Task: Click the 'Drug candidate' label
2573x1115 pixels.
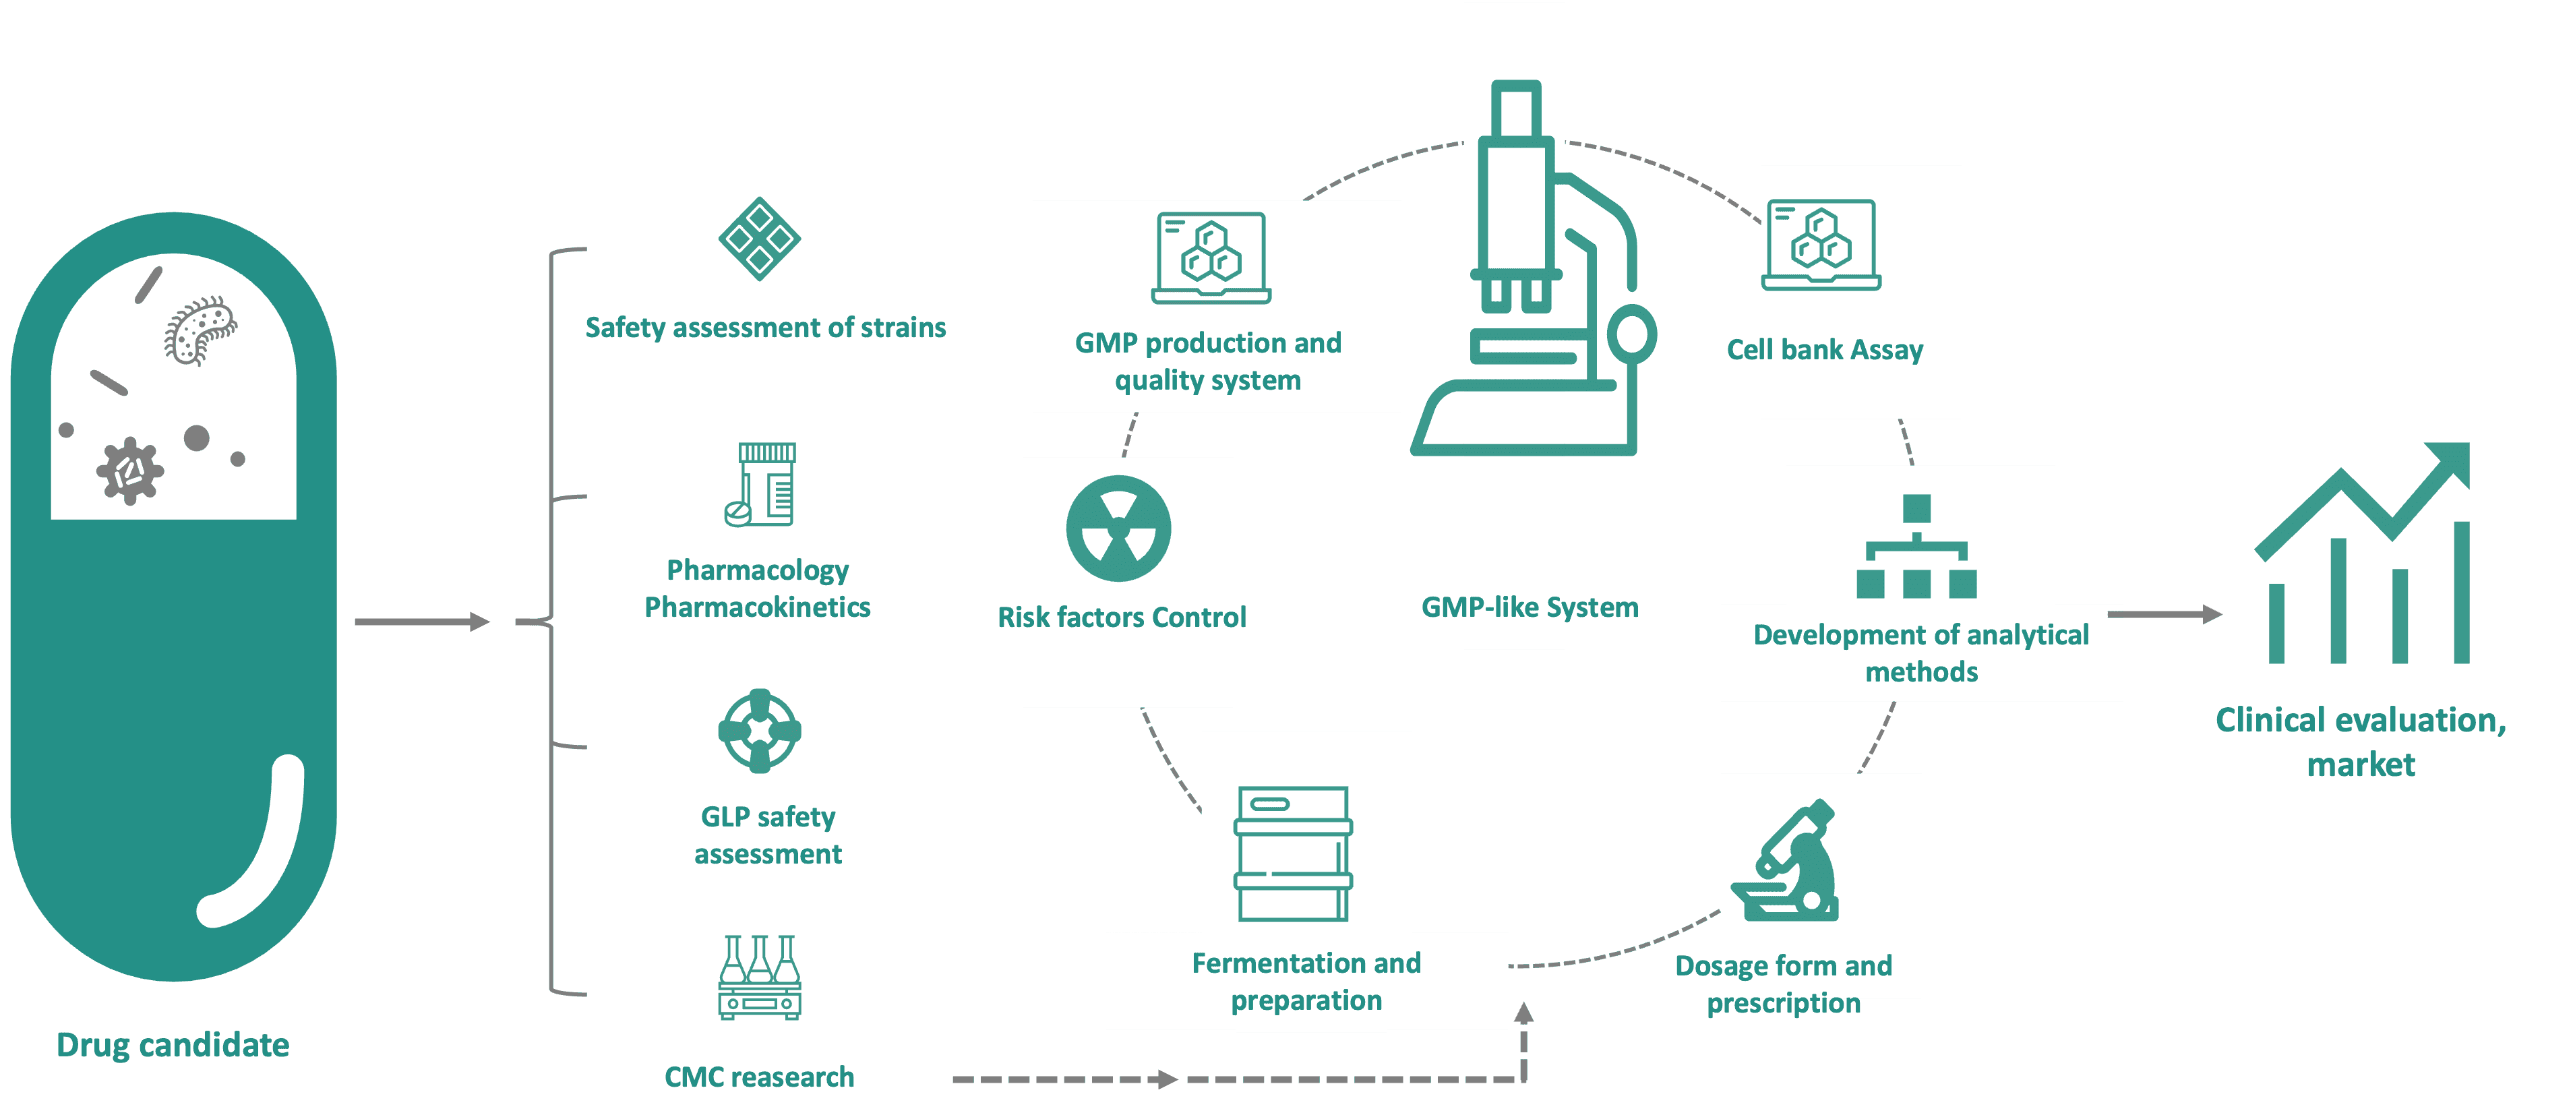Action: [173, 1045]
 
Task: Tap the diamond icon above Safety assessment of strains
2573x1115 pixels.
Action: [759, 239]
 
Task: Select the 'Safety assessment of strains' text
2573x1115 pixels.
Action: [765, 328]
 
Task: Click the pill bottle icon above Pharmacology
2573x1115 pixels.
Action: [761, 485]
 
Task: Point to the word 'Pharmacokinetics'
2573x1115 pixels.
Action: [757, 607]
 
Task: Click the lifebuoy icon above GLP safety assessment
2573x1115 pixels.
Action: [759, 730]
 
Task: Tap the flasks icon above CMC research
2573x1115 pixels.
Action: [759, 977]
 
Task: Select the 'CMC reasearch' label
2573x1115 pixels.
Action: [759, 1077]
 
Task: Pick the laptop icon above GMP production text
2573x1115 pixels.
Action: [1211, 258]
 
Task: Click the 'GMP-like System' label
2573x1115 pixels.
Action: [1530, 607]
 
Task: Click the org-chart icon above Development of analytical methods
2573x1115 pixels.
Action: [1916, 547]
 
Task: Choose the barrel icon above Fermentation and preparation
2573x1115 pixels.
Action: [1292, 853]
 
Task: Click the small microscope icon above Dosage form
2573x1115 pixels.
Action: [1790, 862]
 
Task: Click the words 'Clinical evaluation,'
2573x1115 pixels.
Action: [2360, 721]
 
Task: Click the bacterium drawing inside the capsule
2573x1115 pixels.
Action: [200, 330]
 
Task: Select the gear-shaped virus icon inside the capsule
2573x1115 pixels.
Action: [129, 471]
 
